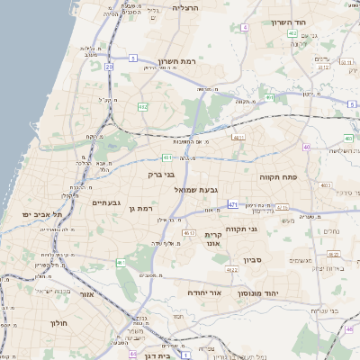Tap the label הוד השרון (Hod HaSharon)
(x=288, y=21)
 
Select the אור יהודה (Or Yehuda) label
(x=205, y=293)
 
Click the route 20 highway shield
(x=109, y=67)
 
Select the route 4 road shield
(x=245, y=27)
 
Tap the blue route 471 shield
(x=233, y=205)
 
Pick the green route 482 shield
(x=142, y=107)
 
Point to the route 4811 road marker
(x=238, y=138)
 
